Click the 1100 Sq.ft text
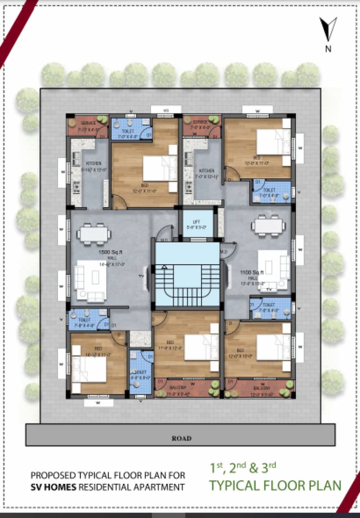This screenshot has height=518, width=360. (x=250, y=272)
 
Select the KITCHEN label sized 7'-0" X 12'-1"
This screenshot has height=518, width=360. (x=207, y=171)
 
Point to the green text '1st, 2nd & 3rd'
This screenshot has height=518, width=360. (x=242, y=467)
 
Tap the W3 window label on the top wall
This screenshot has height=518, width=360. (x=166, y=111)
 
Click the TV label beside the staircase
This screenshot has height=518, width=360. (x=142, y=277)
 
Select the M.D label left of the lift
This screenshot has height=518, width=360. (x=164, y=240)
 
